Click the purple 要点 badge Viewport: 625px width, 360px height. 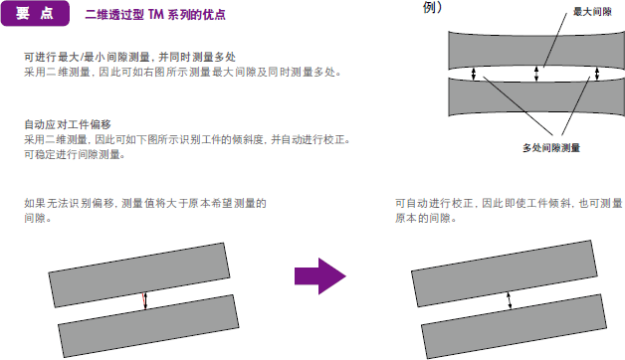tap(35, 14)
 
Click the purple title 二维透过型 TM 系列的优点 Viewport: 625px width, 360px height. tap(155, 15)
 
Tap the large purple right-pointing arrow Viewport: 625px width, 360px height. tap(320, 276)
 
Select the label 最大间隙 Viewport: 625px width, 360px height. tap(592, 12)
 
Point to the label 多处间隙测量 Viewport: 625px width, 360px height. tap(551, 148)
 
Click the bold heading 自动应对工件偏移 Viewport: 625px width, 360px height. tap(68, 124)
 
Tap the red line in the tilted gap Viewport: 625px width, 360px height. tap(143, 300)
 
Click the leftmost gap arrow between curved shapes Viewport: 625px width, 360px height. tap(474, 74)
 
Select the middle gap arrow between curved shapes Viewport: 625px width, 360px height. tap(536, 74)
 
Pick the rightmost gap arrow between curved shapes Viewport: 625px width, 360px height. tap(597, 74)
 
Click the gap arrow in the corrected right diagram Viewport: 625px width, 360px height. tap(509, 300)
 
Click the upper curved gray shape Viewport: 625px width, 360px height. tap(536, 50)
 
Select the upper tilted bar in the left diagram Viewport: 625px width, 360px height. tap(139, 274)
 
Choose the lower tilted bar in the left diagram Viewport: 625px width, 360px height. tap(148, 326)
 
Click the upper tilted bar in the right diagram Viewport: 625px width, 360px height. tap(505, 273)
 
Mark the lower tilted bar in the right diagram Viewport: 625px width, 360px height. tap(514, 326)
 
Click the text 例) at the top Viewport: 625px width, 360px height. tap(433, 7)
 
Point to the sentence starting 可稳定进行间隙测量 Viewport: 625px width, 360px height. tap(75, 154)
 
